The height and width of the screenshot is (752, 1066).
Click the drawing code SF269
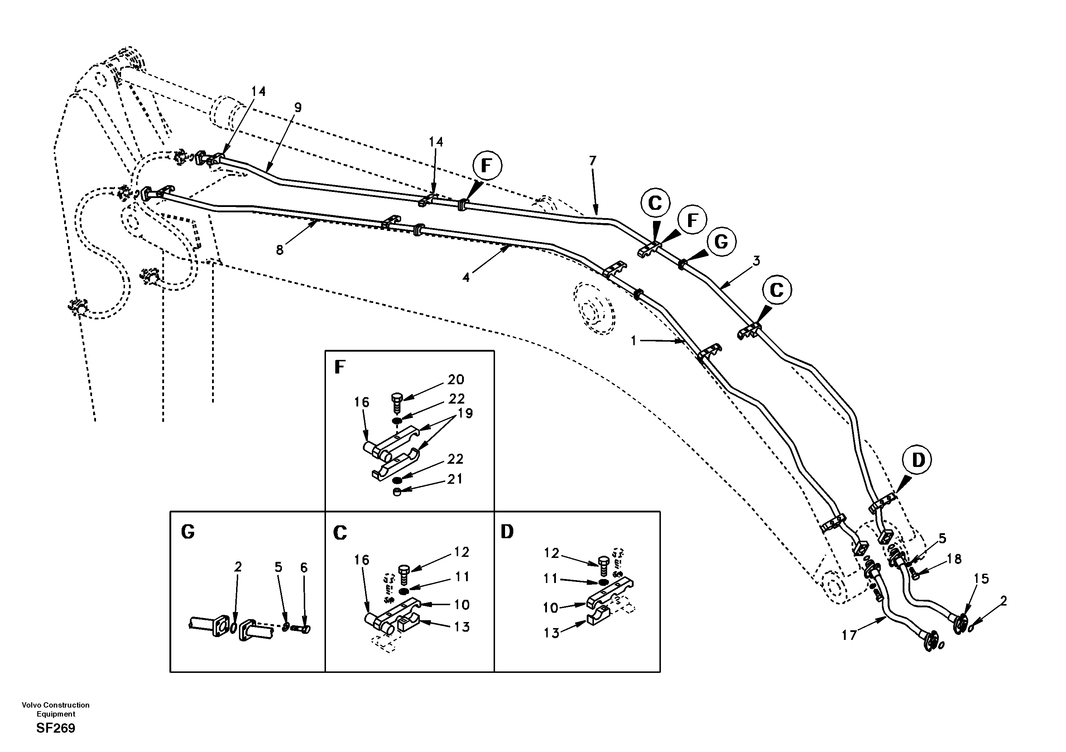(x=56, y=728)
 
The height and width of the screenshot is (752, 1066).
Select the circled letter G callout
(x=721, y=242)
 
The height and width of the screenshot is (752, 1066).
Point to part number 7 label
(x=592, y=161)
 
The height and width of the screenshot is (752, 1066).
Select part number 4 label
(x=466, y=278)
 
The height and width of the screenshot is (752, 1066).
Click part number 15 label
(x=981, y=579)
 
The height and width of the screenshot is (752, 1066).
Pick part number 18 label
(x=954, y=559)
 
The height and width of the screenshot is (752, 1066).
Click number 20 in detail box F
(x=456, y=380)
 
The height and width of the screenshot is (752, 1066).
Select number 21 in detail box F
(x=455, y=479)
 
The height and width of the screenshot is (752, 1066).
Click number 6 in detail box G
(x=304, y=567)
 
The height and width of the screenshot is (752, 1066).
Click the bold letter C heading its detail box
(x=340, y=533)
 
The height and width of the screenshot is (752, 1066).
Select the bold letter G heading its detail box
(x=188, y=532)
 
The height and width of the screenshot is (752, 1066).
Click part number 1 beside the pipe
(x=633, y=341)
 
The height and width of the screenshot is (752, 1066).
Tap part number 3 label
(x=756, y=261)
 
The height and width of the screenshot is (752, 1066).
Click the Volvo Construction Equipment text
(x=56, y=709)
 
